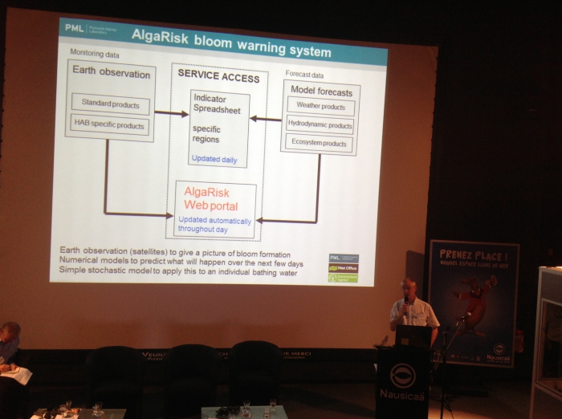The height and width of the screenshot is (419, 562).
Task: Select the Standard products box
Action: [x=110, y=105]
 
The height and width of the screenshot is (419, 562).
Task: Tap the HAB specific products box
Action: [x=110, y=125]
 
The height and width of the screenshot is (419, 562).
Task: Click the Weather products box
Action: [x=320, y=106]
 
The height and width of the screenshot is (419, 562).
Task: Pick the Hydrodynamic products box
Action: [x=320, y=125]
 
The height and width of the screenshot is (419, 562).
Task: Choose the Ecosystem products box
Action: [x=320, y=144]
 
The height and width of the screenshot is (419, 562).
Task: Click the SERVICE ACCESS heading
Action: [x=218, y=78]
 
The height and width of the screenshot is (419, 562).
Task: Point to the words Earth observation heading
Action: [x=111, y=73]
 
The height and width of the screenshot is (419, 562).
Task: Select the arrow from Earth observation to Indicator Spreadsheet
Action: [x=172, y=113]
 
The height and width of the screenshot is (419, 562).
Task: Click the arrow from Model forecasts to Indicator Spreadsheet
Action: [x=265, y=118]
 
